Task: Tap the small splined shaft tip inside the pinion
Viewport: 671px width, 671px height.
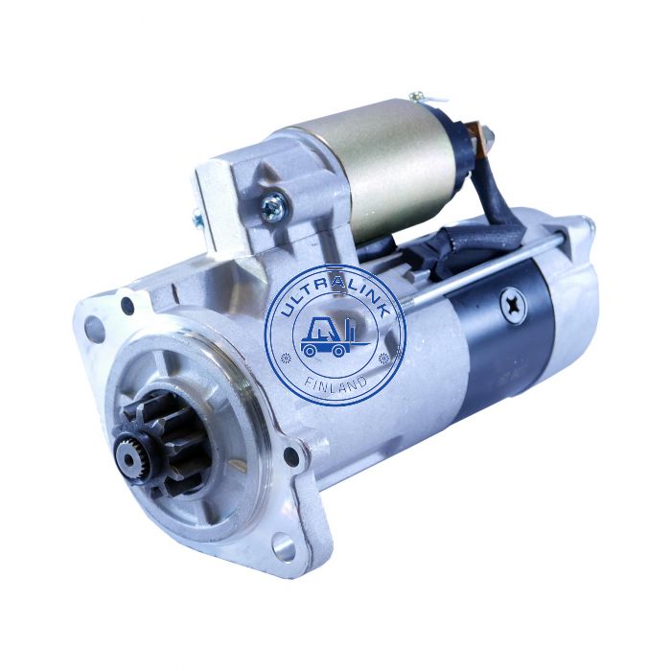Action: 128,459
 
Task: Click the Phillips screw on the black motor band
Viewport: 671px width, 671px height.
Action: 512,306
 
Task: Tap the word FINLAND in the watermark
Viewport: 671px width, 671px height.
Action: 335,383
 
